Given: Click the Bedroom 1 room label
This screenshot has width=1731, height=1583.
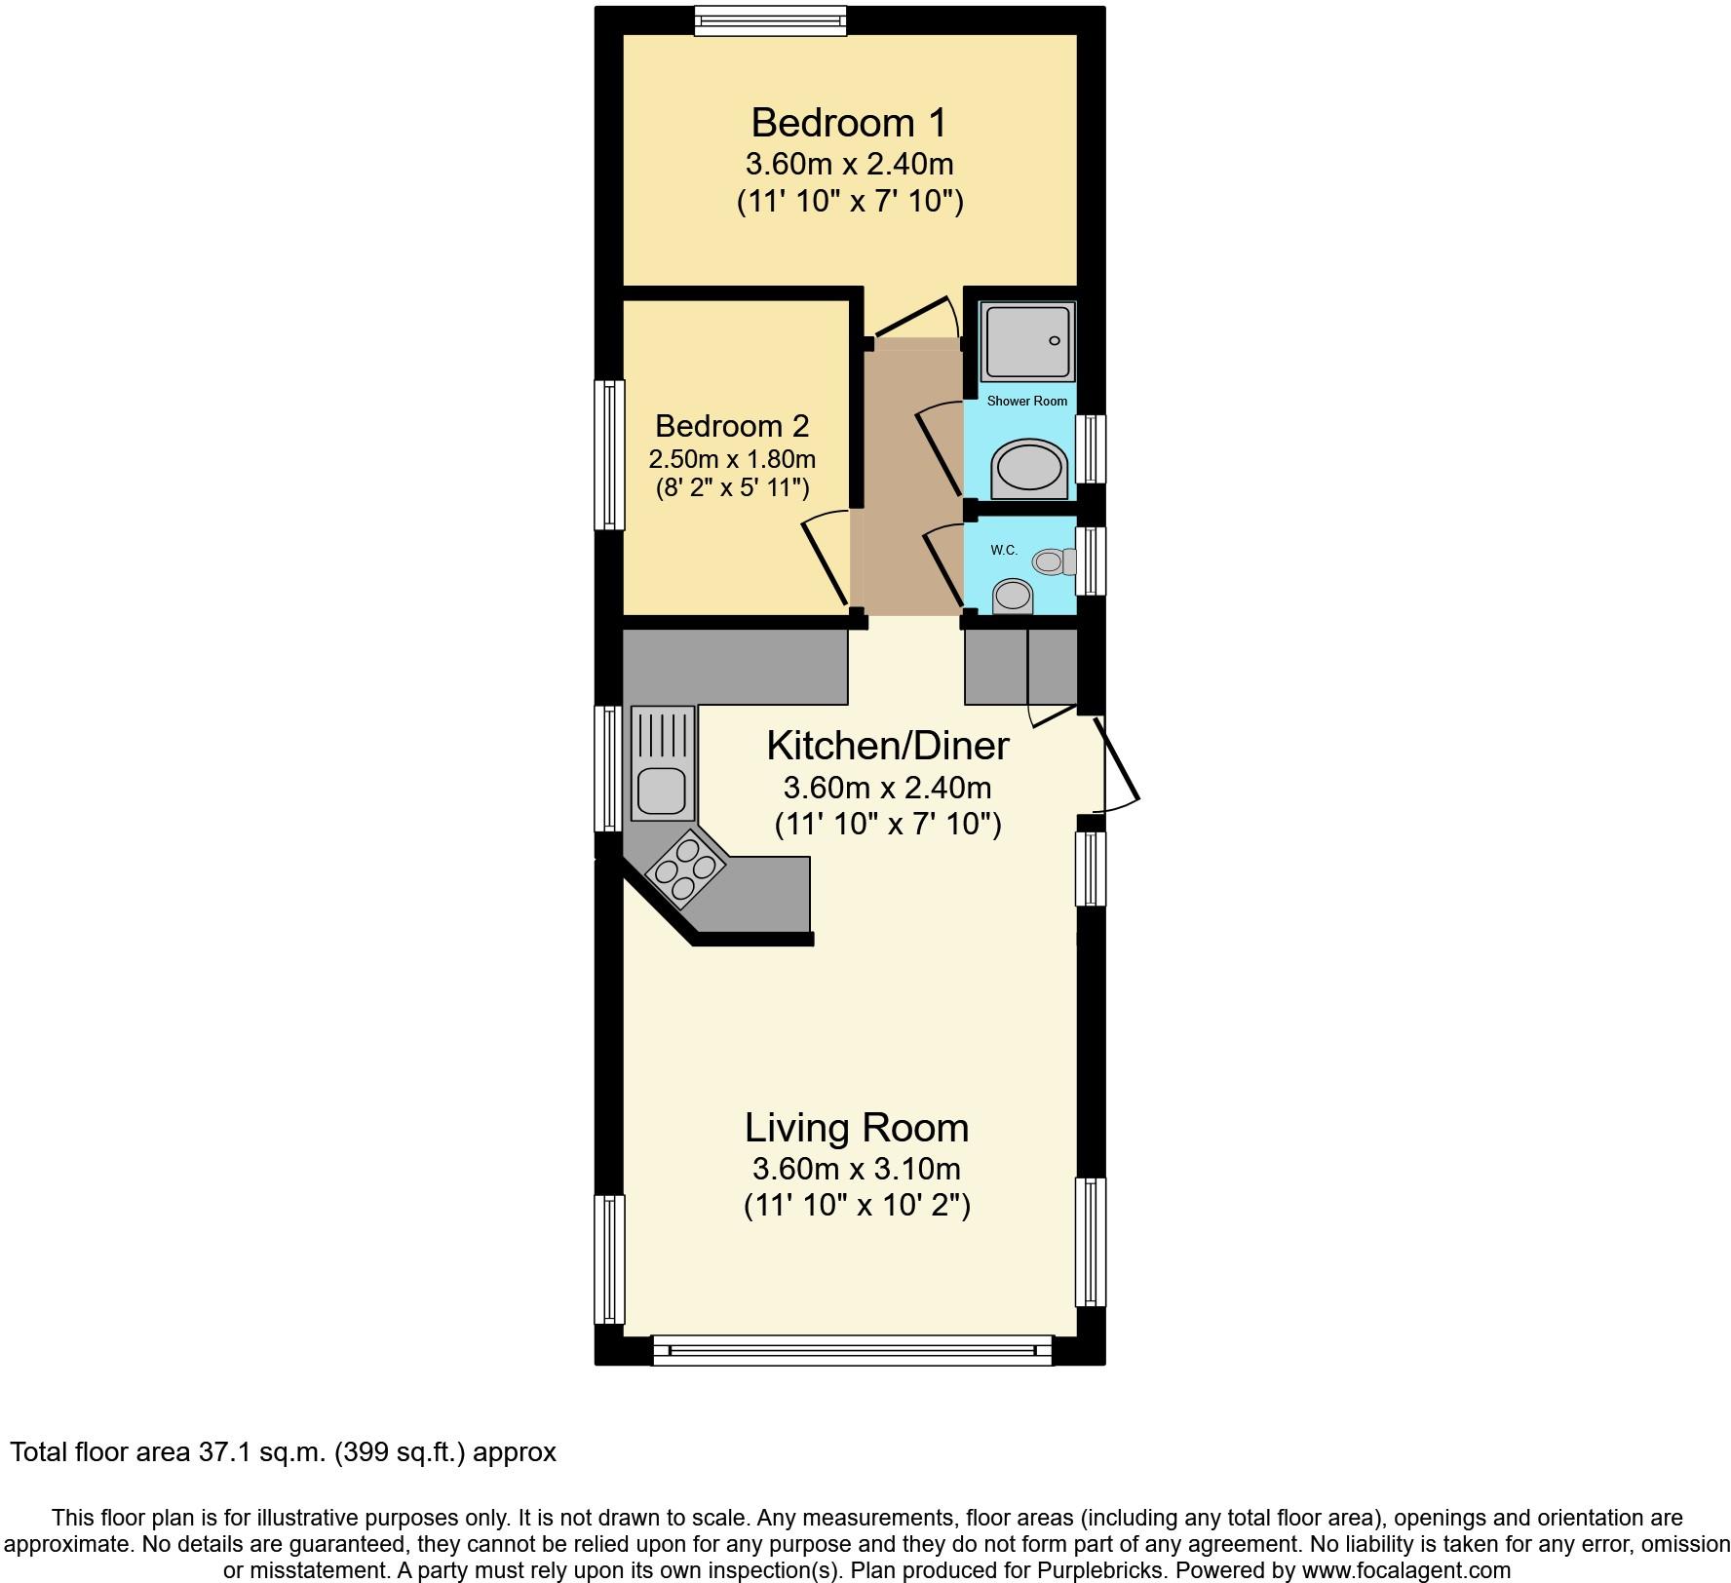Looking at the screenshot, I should tap(848, 124).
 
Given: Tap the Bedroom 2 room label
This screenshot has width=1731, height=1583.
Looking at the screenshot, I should tap(732, 426).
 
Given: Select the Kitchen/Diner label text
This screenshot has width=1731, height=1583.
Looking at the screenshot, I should tap(887, 746).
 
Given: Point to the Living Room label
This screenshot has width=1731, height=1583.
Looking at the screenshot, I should tap(857, 1128).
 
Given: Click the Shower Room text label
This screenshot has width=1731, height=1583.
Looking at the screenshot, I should tap(1026, 401).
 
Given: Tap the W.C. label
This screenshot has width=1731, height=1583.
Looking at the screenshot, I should tap(1004, 550).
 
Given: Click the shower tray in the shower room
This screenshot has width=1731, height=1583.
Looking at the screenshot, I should tap(1027, 341).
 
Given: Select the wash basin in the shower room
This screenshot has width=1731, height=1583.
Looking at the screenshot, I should tap(1028, 469).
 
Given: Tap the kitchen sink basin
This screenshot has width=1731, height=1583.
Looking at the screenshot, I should tap(661, 791).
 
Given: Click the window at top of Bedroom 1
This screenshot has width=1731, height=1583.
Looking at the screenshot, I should tap(770, 20).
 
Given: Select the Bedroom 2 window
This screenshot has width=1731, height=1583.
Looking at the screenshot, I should tap(610, 455).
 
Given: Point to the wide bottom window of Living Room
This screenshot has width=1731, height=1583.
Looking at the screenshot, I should tap(853, 1351).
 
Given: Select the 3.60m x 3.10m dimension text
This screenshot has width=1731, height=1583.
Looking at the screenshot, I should tap(856, 1168).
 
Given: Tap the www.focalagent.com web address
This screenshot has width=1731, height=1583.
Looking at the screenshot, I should tap(1405, 1570).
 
